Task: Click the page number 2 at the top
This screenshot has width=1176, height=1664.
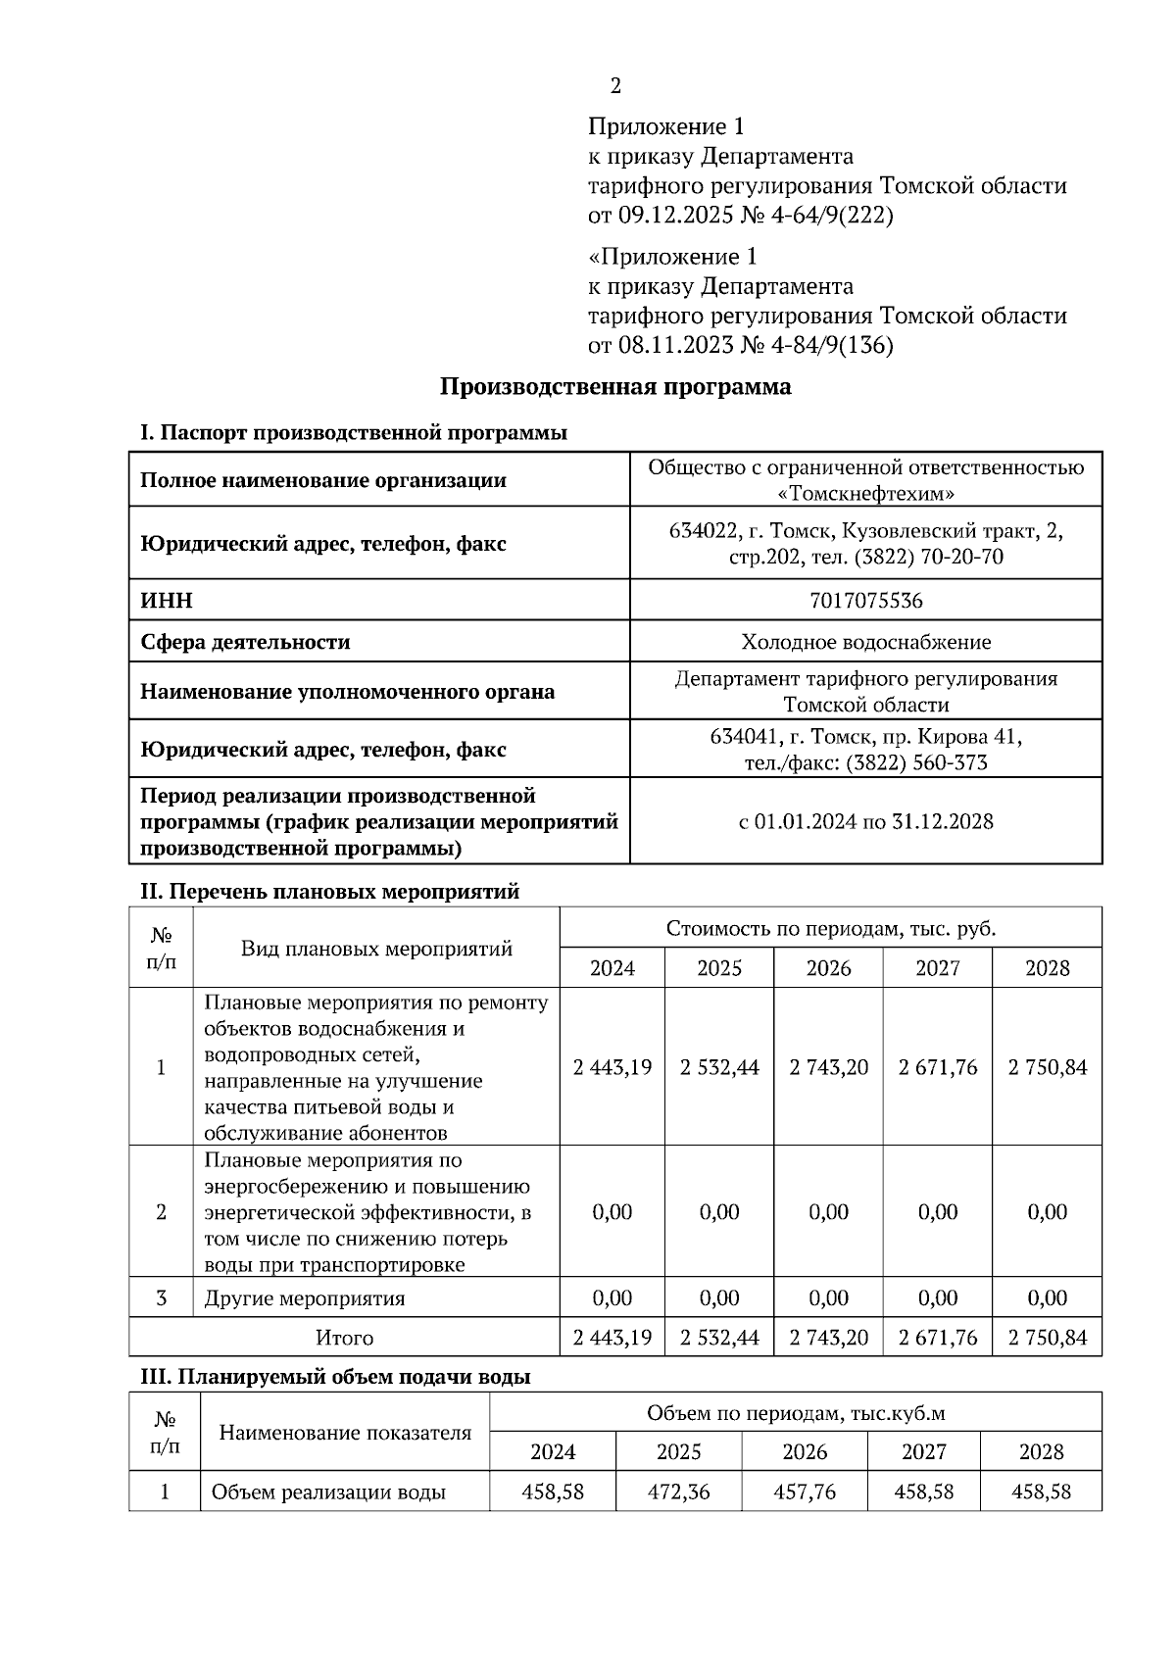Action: [615, 86]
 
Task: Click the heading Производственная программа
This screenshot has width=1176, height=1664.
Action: [614, 386]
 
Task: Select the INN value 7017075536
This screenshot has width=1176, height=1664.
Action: [865, 600]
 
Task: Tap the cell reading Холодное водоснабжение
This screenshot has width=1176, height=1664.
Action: [865, 642]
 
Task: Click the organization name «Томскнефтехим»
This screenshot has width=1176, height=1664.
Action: [865, 493]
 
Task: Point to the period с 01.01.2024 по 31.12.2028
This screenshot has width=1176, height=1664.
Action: [865, 821]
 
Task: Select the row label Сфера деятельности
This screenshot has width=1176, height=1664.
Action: [245, 642]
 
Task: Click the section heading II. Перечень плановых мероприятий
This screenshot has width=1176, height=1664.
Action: [329, 892]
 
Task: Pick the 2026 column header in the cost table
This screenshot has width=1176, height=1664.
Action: [828, 968]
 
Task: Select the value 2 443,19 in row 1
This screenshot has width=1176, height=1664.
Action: [612, 1067]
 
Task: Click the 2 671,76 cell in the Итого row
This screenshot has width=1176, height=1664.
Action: [938, 1337]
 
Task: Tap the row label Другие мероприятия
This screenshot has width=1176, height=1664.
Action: [304, 1298]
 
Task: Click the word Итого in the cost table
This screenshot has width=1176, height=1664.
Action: [344, 1337]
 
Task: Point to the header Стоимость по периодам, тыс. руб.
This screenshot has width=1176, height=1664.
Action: [830, 928]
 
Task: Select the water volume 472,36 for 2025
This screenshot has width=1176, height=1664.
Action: [678, 1492]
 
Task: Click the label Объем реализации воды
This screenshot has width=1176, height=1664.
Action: [328, 1492]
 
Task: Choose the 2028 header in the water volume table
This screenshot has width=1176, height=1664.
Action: [1041, 1451]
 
